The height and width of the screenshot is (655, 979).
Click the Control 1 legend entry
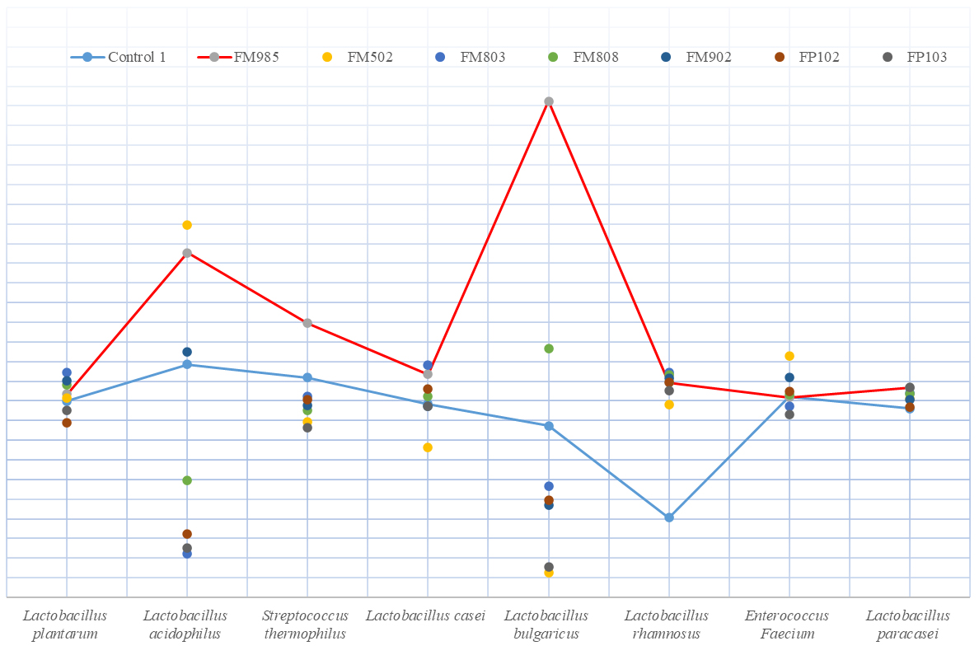(x=119, y=57)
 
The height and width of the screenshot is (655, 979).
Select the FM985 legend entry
(x=239, y=57)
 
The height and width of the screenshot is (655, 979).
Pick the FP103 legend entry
(x=915, y=57)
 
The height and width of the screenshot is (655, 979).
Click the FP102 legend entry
(x=808, y=57)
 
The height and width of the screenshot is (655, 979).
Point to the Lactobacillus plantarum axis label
(x=65, y=625)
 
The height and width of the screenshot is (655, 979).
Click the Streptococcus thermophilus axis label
(x=306, y=625)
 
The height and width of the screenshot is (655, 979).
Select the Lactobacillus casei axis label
(x=425, y=615)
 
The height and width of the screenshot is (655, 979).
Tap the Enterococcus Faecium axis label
(x=787, y=625)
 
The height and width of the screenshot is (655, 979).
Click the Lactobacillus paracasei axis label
(x=908, y=625)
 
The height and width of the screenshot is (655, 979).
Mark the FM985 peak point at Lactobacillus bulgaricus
(x=549, y=101)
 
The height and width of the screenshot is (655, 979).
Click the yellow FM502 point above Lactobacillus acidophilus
(x=187, y=225)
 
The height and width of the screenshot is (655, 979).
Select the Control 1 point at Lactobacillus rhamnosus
(x=669, y=517)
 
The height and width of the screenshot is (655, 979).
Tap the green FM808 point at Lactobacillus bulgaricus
(x=549, y=349)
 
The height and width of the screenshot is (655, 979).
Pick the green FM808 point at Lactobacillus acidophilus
(x=187, y=480)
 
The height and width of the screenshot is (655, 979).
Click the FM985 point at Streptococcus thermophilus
(x=307, y=323)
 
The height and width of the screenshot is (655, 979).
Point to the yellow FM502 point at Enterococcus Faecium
(x=789, y=356)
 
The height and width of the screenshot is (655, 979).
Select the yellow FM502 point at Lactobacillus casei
(x=428, y=447)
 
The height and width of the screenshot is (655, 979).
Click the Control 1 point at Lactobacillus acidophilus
(x=187, y=364)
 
